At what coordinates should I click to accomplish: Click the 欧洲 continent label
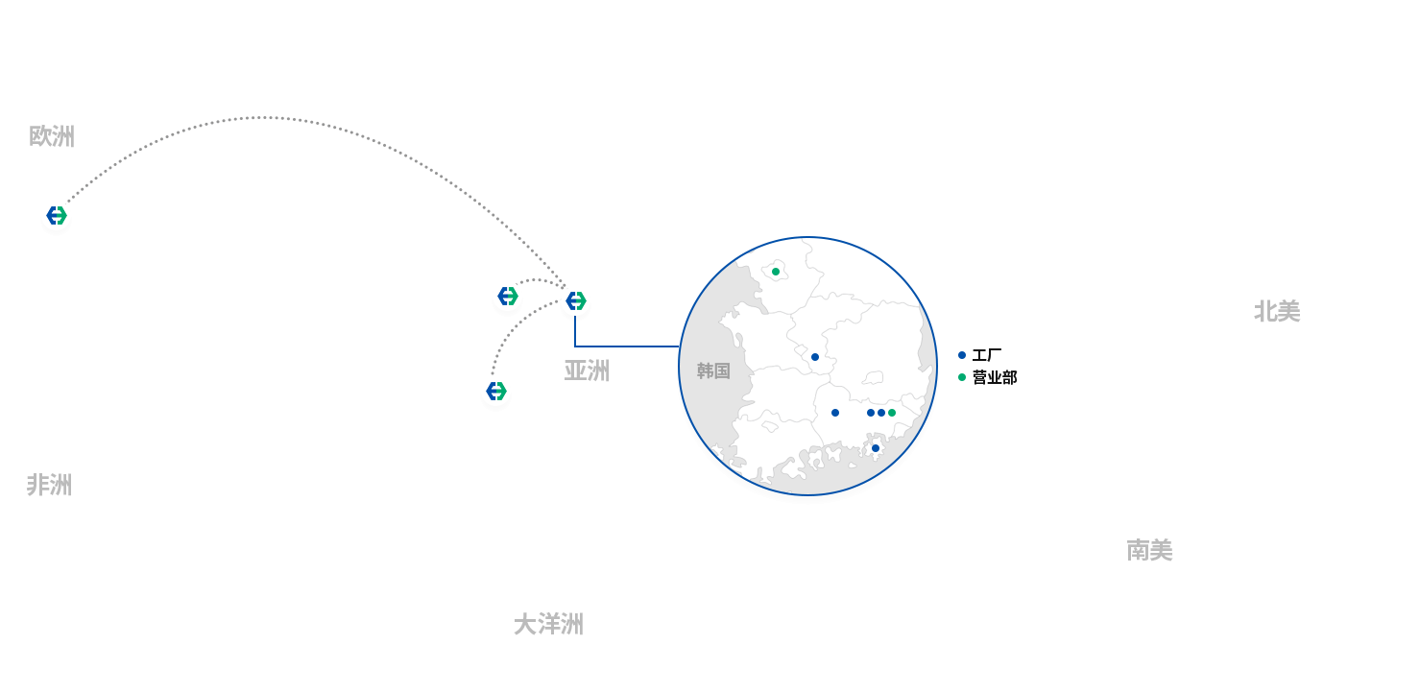(x=52, y=136)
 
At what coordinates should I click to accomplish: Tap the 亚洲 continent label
(x=587, y=370)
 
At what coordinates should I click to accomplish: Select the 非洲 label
(x=49, y=485)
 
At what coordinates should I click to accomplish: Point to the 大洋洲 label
(x=548, y=625)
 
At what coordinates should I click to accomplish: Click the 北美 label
(x=1277, y=311)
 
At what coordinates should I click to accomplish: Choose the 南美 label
(x=1149, y=550)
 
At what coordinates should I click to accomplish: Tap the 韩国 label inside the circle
(x=713, y=370)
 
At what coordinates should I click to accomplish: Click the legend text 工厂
(x=987, y=355)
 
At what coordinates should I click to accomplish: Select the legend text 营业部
(x=995, y=377)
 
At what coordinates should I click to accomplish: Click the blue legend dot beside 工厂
(x=962, y=355)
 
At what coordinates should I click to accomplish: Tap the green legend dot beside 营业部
(x=962, y=377)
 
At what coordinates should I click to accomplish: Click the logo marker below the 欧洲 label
(x=57, y=216)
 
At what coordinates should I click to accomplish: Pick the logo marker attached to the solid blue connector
(x=575, y=300)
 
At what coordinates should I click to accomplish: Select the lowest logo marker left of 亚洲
(x=495, y=391)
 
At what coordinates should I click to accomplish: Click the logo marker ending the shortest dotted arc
(x=508, y=296)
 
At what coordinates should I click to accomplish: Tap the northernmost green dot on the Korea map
(x=776, y=272)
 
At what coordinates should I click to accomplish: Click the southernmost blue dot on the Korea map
(x=876, y=448)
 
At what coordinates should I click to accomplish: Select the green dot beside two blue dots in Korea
(x=892, y=413)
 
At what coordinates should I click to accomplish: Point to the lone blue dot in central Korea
(x=815, y=357)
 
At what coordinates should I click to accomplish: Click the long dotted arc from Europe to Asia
(x=264, y=118)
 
